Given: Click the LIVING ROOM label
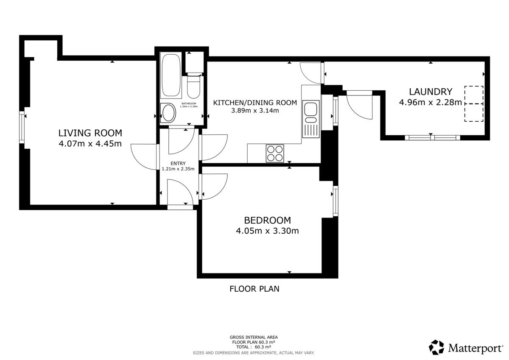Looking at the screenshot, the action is click(90, 133).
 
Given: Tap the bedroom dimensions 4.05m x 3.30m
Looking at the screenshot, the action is click(267, 231).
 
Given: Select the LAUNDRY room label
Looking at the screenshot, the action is click(431, 92).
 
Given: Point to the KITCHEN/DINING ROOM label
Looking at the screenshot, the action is click(255, 103).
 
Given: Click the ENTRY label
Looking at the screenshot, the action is click(178, 163).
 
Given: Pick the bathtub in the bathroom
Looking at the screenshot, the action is click(171, 75).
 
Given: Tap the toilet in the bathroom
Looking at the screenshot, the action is click(193, 86).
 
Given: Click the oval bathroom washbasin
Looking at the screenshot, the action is click(168, 113).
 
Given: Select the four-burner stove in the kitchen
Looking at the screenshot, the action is click(275, 153).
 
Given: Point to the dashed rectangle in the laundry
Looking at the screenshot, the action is click(474, 104).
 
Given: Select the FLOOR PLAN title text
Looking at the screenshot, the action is click(254, 289).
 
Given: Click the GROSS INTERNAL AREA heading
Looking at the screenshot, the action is click(254, 337).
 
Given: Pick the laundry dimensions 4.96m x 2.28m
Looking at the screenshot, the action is click(431, 103).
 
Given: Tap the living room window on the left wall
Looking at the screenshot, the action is click(22, 127).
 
